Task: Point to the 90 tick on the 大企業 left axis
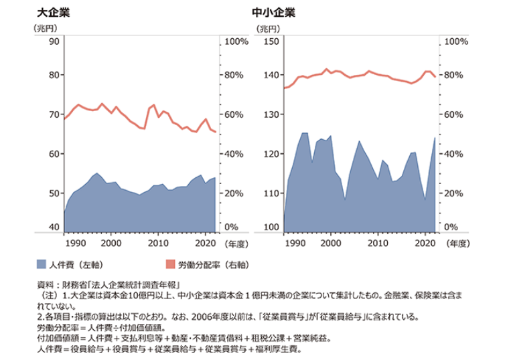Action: point(54,41)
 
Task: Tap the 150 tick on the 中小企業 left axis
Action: point(271,41)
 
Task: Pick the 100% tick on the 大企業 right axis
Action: point(236,41)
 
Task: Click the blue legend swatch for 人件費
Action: point(42,264)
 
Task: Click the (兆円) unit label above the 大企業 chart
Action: point(45,28)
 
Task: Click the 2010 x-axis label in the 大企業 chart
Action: point(158,243)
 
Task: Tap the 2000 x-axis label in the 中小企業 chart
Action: point(330,243)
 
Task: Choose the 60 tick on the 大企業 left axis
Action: point(54,154)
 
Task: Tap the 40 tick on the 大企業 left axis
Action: point(54,228)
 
